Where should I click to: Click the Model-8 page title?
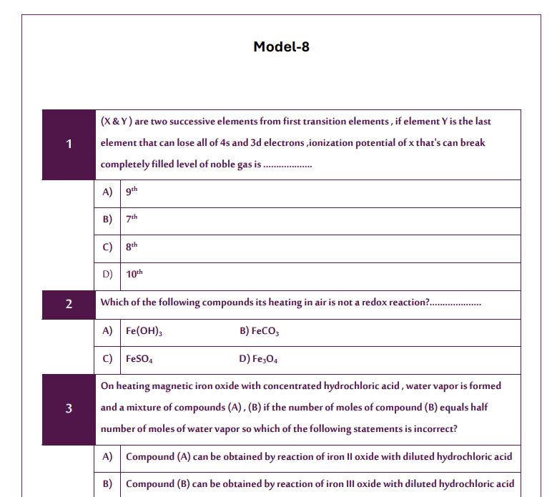coord(281,47)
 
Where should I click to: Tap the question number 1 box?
coord(69,144)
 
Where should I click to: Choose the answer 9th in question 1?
coord(131,192)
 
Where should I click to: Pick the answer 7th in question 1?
coord(131,220)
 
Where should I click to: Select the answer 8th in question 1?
coord(131,247)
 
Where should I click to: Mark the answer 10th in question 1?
coord(134,275)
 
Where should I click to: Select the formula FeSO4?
coord(139,359)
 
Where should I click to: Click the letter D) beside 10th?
coord(107,275)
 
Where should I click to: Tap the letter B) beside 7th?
coord(107,220)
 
